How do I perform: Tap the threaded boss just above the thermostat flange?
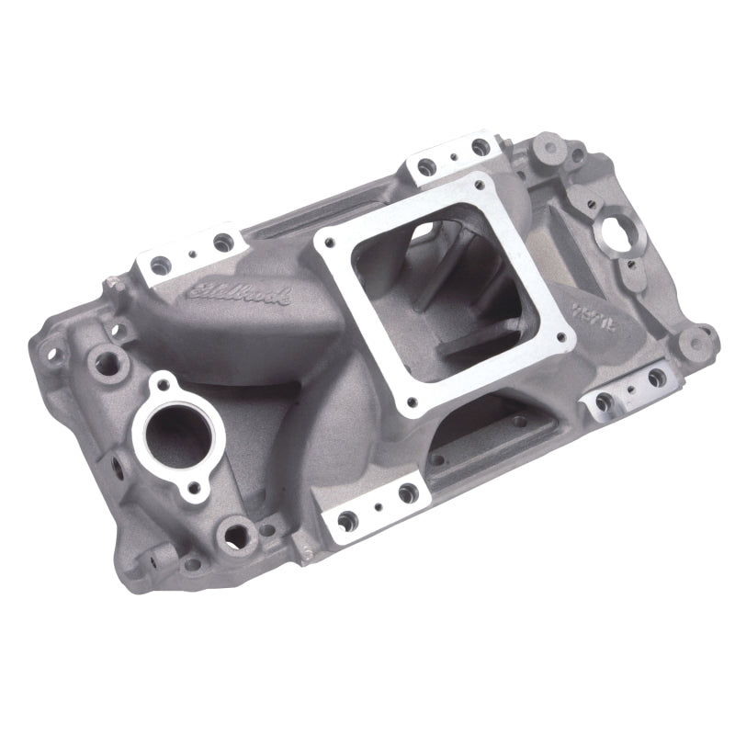coord(118,354)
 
